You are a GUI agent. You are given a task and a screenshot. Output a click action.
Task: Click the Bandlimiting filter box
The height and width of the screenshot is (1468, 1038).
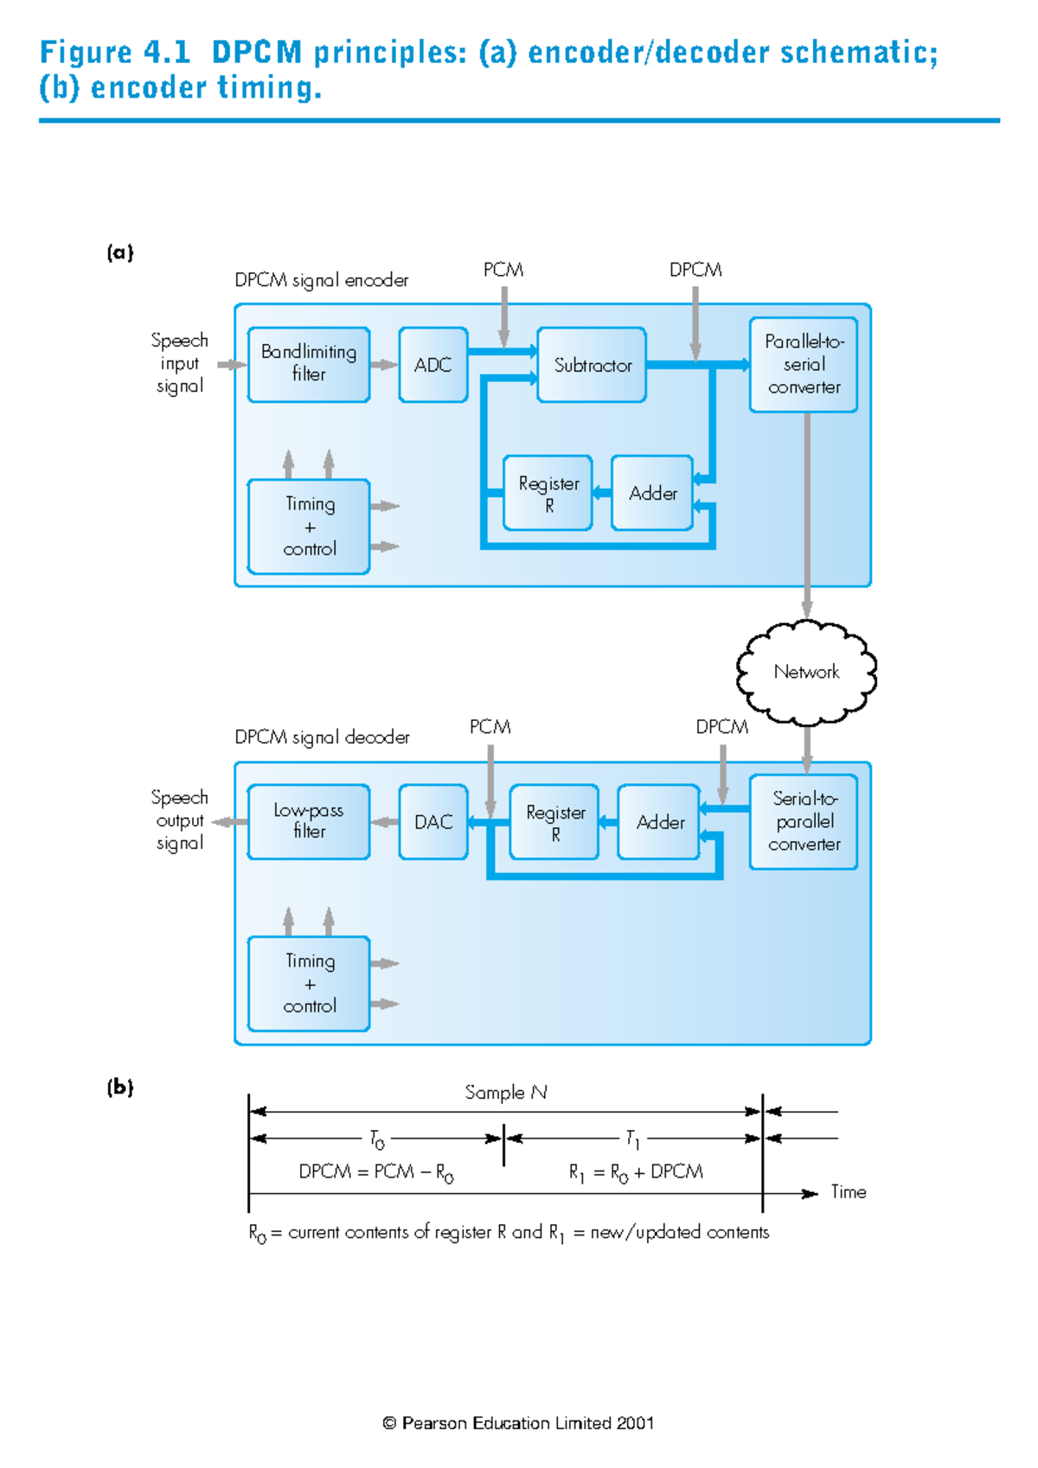pyautogui.click(x=309, y=364)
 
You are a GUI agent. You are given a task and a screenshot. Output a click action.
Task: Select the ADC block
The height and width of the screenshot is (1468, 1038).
pyautogui.click(x=433, y=364)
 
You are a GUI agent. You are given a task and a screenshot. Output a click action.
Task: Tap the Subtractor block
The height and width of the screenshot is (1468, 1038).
pyautogui.click(x=592, y=364)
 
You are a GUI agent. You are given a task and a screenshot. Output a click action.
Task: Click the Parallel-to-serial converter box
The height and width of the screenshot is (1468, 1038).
pyautogui.click(x=804, y=364)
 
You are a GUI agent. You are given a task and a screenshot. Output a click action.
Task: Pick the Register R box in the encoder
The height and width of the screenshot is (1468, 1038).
pyautogui.click(x=548, y=493)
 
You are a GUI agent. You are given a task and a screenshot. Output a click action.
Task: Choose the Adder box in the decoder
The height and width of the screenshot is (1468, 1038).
pyautogui.click(x=659, y=821)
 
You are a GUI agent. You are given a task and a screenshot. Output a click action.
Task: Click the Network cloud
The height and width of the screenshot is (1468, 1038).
pyautogui.click(x=806, y=672)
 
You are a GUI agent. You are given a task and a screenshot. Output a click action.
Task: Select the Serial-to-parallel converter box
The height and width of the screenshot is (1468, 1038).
pyautogui.click(x=804, y=821)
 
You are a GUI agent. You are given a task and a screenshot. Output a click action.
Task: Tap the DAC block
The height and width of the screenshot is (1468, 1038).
pyautogui.click(x=433, y=821)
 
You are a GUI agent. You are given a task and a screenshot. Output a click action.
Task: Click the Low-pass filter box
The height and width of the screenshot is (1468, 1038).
pyautogui.click(x=309, y=821)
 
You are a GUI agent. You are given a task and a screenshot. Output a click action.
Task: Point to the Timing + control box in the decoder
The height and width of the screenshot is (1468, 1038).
pyautogui.click(x=309, y=983)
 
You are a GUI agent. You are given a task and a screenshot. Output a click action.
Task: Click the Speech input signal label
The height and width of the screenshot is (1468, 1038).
pyautogui.click(x=179, y=363)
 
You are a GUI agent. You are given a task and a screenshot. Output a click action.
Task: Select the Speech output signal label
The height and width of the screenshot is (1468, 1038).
pyautogui.click(x=179, y=820)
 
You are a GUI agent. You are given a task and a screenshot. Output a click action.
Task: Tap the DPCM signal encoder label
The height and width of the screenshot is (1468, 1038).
pyautogui.click(x=321, y=280)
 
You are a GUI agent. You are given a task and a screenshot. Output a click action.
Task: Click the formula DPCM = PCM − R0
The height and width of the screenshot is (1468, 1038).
pyautogui.click(x=375, y=1172)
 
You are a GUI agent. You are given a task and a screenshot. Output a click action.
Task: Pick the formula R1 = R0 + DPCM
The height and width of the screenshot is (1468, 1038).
pyautogui.click(x=636, y=1172)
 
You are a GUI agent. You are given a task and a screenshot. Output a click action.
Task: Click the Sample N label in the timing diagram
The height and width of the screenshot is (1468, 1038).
pyautogui.click(x=506, y=1093)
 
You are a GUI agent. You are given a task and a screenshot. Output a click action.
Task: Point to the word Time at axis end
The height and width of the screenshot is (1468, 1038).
pyautogui.click(x=848, y=1192)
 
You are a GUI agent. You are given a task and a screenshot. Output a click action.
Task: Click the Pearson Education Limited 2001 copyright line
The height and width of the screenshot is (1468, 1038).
pyautogui.click(x=518, y=1423)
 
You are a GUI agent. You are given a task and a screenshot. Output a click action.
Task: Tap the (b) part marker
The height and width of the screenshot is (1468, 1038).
pyautogui.click(x=120, y=1087)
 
